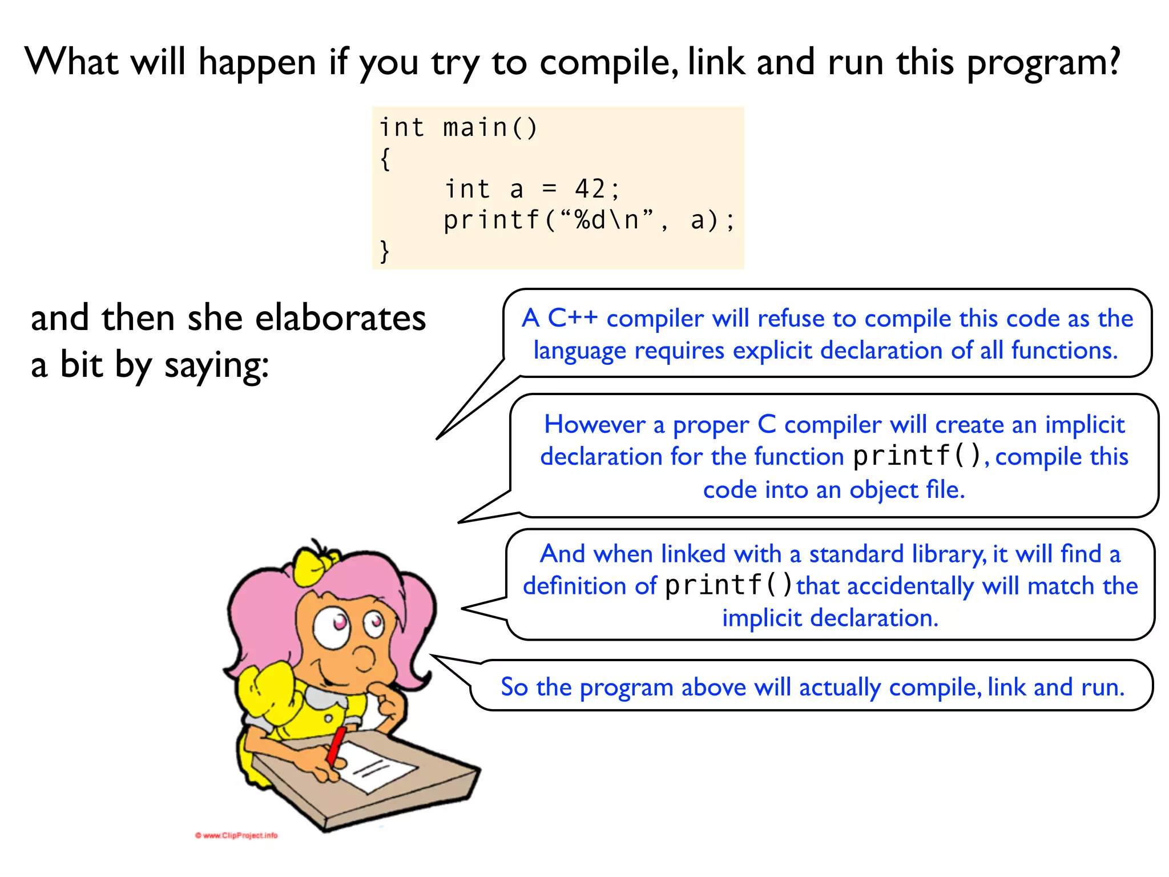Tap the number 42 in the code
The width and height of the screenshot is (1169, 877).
(x=590, y=189)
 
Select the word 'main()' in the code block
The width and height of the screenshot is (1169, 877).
(x=490, y=127)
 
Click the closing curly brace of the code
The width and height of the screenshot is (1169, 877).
(x=385, y=251)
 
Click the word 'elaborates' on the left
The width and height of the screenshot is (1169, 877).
(x=340, y=317)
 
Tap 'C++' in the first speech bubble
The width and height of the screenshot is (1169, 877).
(x=573, y=318)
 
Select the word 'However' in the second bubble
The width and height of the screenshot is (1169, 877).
(x=594, y=424)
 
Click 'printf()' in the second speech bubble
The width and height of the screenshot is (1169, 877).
(x=917, y=456)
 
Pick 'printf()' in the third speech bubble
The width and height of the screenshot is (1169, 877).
(x=729, y=585)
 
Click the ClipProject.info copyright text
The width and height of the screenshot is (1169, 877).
(x=236, y=835)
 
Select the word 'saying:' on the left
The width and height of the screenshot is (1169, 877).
(x=216, y=365)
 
